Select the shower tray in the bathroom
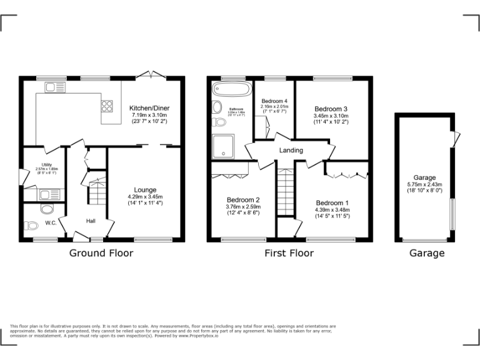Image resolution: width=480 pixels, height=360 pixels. tap(222, 146)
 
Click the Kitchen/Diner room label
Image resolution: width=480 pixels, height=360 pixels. tap(149, 108)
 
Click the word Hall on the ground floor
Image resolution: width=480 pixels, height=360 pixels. tap(91, 221)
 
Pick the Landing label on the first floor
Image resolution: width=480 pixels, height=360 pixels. tap(291, 151)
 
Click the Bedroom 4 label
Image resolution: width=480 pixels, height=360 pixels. tap(274, 101)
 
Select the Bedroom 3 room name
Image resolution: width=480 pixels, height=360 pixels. tap(331, 108)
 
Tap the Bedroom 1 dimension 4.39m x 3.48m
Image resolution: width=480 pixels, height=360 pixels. tap(332, 210)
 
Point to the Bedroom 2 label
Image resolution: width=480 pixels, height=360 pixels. tap(243, 200)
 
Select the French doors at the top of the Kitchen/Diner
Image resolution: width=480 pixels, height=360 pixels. tap(151, 75)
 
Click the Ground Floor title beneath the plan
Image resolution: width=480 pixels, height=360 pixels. tap(101, 253)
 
